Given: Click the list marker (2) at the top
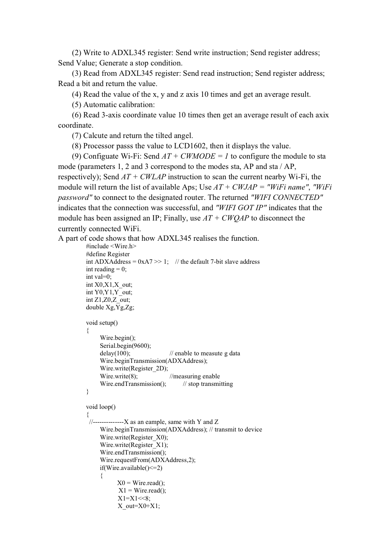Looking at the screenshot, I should point(76,53).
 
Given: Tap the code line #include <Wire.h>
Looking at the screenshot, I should point(111,246).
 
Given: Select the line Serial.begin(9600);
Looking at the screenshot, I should point(125,346).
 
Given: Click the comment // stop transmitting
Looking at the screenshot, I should point(208,384).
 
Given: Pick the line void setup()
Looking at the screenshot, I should point(102,323).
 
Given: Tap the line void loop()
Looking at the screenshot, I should point(101,407).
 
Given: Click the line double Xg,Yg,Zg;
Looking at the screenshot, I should point(110,307).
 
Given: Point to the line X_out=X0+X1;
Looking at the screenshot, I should point(139,506).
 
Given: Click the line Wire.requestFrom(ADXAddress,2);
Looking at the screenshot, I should point(147,460).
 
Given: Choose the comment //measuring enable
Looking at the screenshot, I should point(195,376).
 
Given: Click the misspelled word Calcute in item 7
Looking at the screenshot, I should point(95,136).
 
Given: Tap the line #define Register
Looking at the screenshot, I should point(108,254).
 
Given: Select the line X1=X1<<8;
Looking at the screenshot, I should point(134,498).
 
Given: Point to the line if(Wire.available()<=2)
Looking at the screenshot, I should point(131,468).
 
